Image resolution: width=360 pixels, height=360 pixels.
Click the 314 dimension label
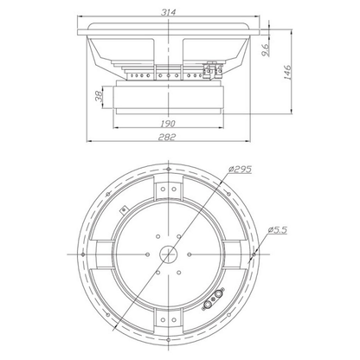[x=168, y=12]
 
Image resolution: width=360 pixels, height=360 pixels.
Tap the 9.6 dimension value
[x=266, y=49]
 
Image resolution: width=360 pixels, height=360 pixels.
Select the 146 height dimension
[x=288, y=72]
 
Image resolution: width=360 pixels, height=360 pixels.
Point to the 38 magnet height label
[x=99, y=96]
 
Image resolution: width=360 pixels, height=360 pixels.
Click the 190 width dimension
[x=168, y=124]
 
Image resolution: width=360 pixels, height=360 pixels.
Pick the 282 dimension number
[x=167, y=137]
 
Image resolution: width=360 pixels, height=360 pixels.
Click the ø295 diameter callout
[x=240, y=170]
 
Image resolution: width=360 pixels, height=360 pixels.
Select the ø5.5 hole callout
[x=277, y=230]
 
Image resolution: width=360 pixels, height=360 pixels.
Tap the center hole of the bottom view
[x=169, y=254]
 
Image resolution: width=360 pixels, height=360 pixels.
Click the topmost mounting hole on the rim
[x=169, y=169]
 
